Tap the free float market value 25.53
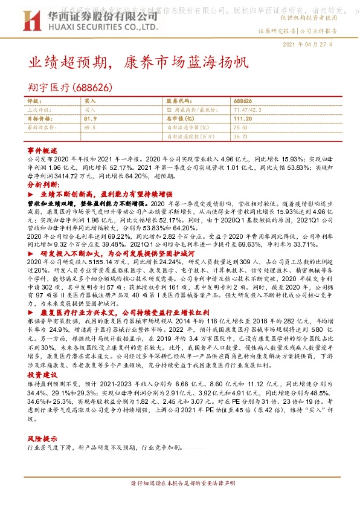240,128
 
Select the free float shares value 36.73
240,136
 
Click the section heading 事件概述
42,149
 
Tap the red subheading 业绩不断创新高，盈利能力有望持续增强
107,194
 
